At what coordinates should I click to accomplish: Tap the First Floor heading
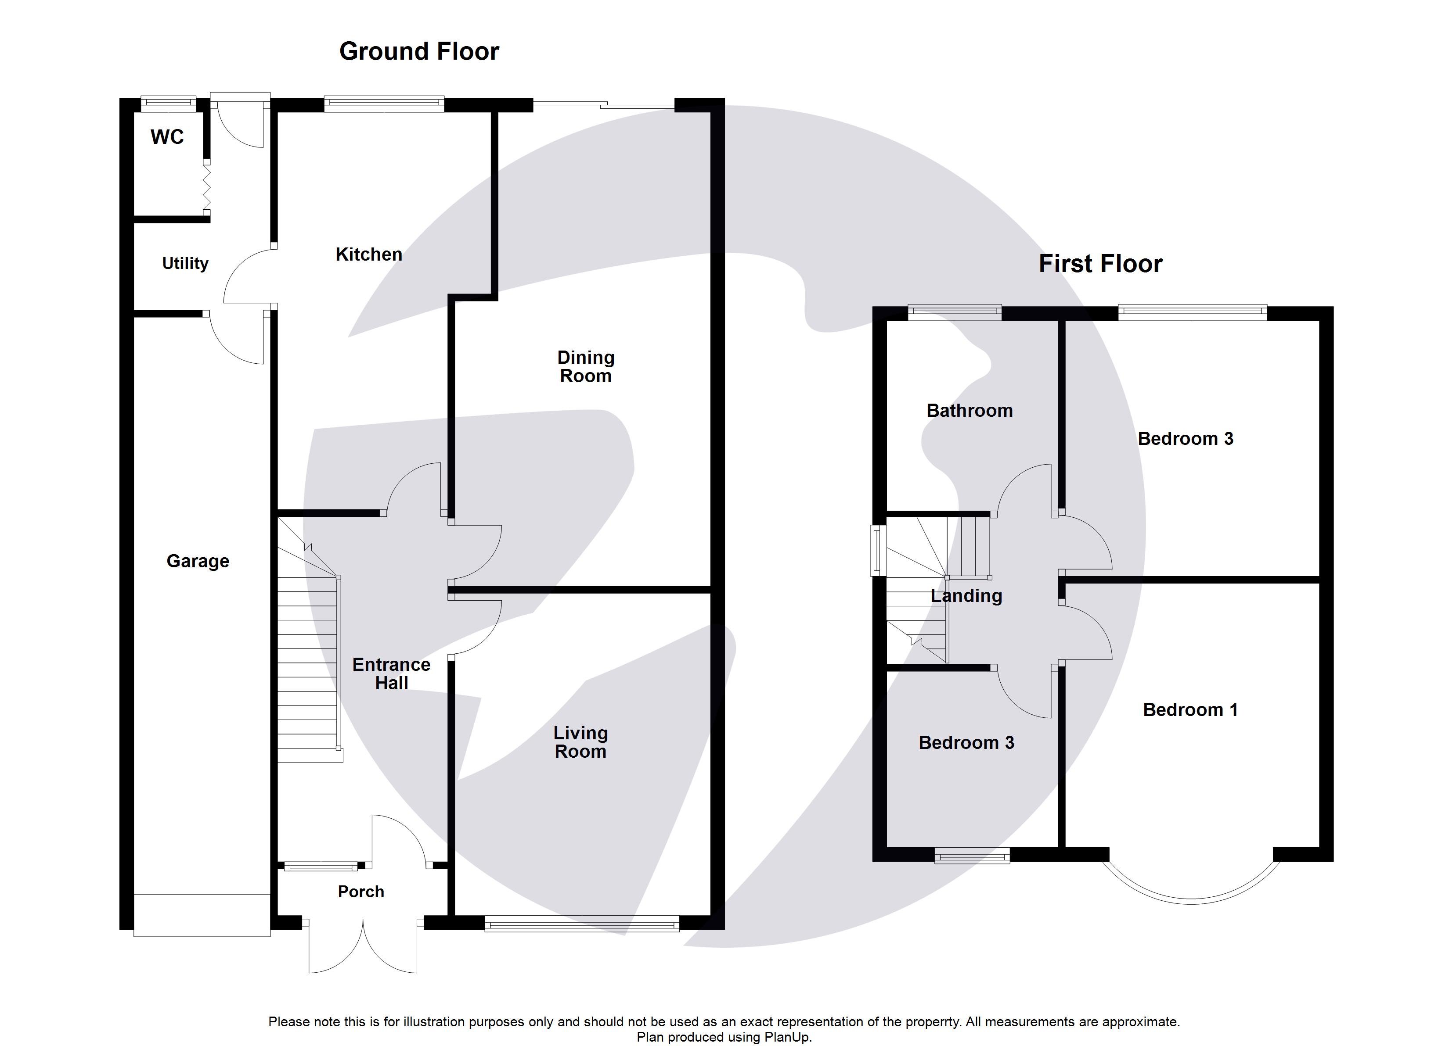(1100, 264)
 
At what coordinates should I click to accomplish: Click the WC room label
(167, 136)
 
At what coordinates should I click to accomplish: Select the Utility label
(185, 263)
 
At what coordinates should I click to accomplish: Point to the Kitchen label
(369, 254)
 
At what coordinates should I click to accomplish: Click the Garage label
(198, 561)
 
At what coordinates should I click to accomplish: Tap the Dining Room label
(585, 366)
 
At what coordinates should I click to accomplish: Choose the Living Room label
(580, 742)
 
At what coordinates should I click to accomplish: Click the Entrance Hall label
(391, 673)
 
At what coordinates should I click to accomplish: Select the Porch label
(361, 892)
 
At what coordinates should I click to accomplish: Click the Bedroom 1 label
(1189, 709)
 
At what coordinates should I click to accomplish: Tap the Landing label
(966, 596)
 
